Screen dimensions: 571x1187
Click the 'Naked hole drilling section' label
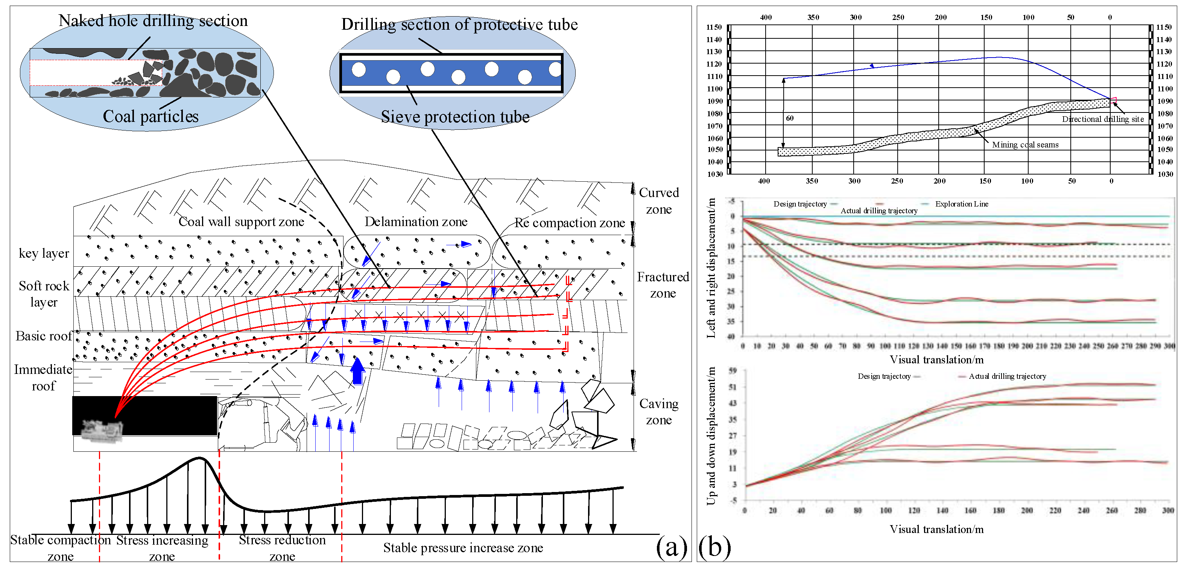click(x=153, y=21)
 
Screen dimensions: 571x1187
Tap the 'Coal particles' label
click(x=150, y=116)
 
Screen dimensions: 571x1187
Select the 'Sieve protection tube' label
click(x=455, y=117)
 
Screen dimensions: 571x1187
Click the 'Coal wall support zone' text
click(x=241, y=222)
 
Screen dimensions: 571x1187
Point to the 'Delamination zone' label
click(x=416, y=222)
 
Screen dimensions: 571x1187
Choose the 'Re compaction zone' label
click(x=570, y=223)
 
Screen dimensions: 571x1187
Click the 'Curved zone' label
click(x=658, y=200)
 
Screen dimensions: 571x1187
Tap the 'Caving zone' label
click(x=658, y=412)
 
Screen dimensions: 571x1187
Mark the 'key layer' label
click(x=44, y=253)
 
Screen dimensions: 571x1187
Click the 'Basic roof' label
click(x=43, y=336)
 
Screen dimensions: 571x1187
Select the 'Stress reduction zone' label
click(x=282, y=548)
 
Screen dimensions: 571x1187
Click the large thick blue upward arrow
click(x=357, y=371)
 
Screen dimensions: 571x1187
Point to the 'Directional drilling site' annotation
click(x=1103, y=119)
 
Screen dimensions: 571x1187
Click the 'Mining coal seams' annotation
click(x=1025, y=145)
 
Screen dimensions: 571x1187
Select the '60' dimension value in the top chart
click(x=789, y=118)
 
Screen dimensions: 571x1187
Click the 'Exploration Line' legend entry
click(x=961, y=204)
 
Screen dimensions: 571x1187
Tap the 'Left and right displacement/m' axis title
click(x=711, y=268)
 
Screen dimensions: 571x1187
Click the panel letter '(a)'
click(x=671, y=547)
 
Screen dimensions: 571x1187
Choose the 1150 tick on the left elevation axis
click(x=714, y=27)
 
